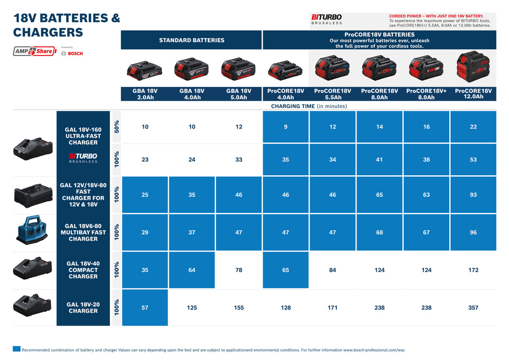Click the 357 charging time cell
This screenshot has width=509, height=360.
pos(473,308)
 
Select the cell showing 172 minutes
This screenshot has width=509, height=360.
pos(473,270)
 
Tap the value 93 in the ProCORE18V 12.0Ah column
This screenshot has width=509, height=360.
pos(473,195)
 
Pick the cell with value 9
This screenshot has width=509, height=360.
pos(286,127)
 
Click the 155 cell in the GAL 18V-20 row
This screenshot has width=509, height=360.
pos(239,308)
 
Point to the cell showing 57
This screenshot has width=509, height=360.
pos(145,308)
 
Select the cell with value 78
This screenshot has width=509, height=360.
pos(239,270)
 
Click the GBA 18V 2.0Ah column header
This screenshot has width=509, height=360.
pos(145,94)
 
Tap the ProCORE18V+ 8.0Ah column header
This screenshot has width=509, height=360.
pos(426,94)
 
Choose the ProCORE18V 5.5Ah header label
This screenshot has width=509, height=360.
pos(333,94)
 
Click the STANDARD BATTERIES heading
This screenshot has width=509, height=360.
pos(191,40)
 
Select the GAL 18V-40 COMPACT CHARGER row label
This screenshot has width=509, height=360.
pos(83,270)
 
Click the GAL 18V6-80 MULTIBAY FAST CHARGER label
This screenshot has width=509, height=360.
pos(83,232)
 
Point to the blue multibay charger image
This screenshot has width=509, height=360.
pos(32,232)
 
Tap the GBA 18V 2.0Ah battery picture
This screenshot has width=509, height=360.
pos(145,69)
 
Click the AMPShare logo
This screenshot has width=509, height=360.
pos(34,51)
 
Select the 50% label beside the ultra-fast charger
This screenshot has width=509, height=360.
pos(116,127)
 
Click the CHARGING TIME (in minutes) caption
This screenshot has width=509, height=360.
pos(309,106)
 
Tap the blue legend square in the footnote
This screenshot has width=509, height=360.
pos(16,349)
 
